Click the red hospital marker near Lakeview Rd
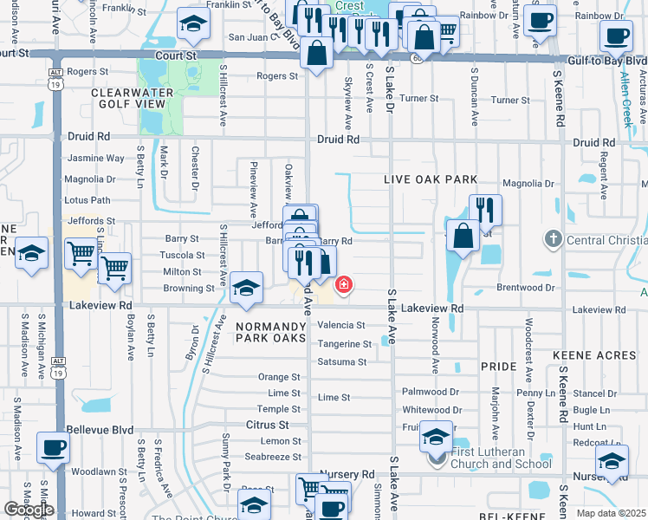pos(344,284)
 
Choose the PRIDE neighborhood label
pos(498,367)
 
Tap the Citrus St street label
pos(268,426)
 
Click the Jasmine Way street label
pos(95,159)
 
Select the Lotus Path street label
pos(88,200)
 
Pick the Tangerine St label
pos(344,344)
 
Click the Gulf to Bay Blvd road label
pos(607,62)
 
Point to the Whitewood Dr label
pos(431,410)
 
